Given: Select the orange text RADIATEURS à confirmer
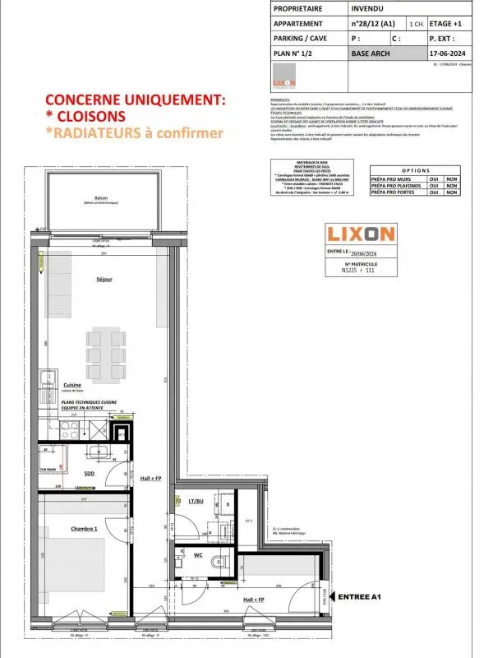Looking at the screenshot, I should coord(134,132).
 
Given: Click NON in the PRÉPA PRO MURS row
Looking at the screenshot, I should coord(452,178).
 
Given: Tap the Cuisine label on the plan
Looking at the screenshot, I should coord(72,385).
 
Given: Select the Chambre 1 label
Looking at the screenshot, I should coord(83,529).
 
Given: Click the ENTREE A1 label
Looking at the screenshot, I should coord(361,596).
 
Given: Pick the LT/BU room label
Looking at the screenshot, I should coord(196,500).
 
